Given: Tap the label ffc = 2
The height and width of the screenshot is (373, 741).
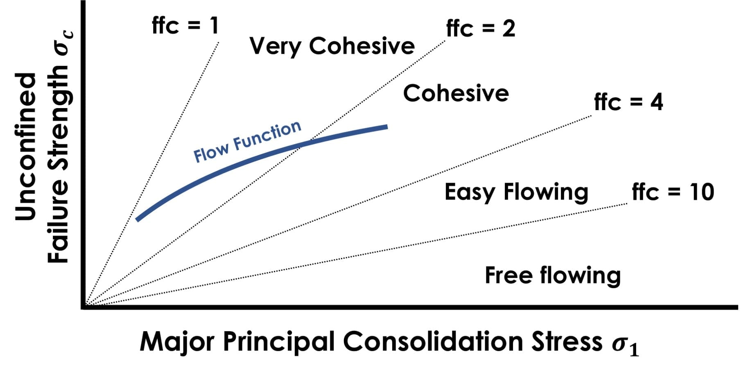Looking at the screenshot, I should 480,28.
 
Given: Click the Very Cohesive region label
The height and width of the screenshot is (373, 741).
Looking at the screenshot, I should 332,46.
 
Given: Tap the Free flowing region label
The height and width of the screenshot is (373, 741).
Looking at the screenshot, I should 553,275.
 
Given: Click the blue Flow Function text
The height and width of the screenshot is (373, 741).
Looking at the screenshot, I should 247,142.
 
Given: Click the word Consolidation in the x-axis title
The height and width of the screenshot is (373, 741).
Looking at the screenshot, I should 433,341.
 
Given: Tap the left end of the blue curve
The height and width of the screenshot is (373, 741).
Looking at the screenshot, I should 138,219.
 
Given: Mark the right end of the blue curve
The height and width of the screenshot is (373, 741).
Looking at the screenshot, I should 386,127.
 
